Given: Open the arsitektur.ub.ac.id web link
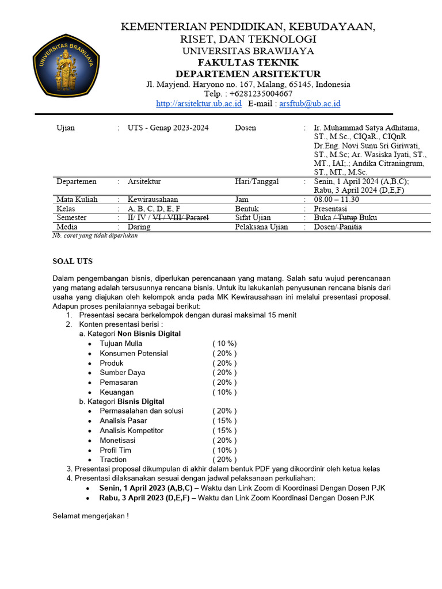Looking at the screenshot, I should [199, 104].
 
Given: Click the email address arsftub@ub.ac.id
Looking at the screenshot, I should [310, 104].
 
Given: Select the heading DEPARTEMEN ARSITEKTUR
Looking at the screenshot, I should [248, 74].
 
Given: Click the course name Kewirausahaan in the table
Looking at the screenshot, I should [153, 200].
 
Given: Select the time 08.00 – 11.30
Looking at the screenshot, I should [337, 200].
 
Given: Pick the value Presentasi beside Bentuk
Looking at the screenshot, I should [330, 209].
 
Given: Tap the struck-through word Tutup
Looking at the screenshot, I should [347, 218].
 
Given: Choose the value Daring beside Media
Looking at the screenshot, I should [139, 227].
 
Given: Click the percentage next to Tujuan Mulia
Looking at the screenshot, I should [224, 344].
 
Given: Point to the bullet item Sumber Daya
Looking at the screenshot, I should [122, 373].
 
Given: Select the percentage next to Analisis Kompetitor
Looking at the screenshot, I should [224, 431].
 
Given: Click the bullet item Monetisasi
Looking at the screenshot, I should [120, 440].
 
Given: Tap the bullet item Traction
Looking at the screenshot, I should [113, 460].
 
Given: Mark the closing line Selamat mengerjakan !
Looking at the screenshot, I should [90, 516].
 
